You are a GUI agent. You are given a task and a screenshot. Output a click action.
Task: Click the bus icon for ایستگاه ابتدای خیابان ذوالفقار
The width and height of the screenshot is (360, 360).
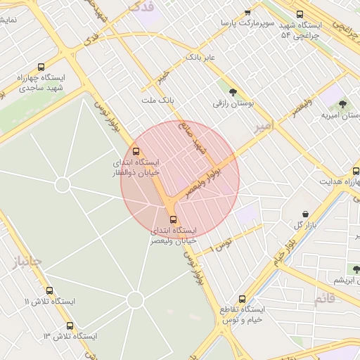pos(136,151)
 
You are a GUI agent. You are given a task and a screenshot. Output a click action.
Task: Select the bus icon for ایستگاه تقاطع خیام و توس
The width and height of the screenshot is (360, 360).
pos(243,299)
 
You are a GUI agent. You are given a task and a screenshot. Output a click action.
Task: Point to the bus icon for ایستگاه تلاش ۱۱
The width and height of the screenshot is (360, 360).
pos(49,290)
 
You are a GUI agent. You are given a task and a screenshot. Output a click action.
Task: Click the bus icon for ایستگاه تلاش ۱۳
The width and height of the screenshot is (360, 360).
pos(70,326)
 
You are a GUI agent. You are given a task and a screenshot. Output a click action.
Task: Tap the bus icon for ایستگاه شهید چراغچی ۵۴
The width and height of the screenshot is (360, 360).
pos(300,14)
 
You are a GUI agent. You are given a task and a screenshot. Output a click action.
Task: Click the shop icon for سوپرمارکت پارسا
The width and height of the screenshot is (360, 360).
pos(247,13)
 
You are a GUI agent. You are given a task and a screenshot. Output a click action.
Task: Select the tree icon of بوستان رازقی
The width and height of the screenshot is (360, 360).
pos(233,92)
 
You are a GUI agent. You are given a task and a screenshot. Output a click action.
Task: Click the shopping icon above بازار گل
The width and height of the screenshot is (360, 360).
pos(305,214)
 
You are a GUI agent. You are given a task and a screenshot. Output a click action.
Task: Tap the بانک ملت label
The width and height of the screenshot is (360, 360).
pos(157,101)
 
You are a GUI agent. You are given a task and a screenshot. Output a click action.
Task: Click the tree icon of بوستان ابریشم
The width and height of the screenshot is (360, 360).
pos(356,269)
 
